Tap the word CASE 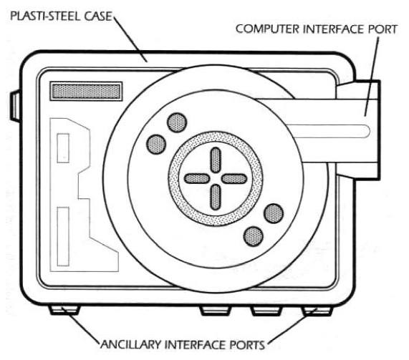(x=98, y=16)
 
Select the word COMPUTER (x=267, y=29)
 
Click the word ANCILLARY (x=132, y=345)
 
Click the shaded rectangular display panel (x=86, y=91)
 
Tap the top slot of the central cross (x=216, y=160)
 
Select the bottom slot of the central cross (x=216, y=197)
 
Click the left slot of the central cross (x=197, y=178)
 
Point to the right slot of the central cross (x=234, y=178)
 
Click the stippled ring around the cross (x=216, y=137)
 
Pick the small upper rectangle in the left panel (x=63, y=148)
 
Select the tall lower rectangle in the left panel (x=63, y=236)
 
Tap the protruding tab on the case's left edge (x=15, y=106)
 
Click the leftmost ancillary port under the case (x=64, y=310)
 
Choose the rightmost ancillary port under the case (x=317, y=311)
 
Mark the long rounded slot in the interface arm (x=328, y=131)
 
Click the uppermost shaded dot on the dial (x=177, y=122)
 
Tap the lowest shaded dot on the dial (x=254, y=236)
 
